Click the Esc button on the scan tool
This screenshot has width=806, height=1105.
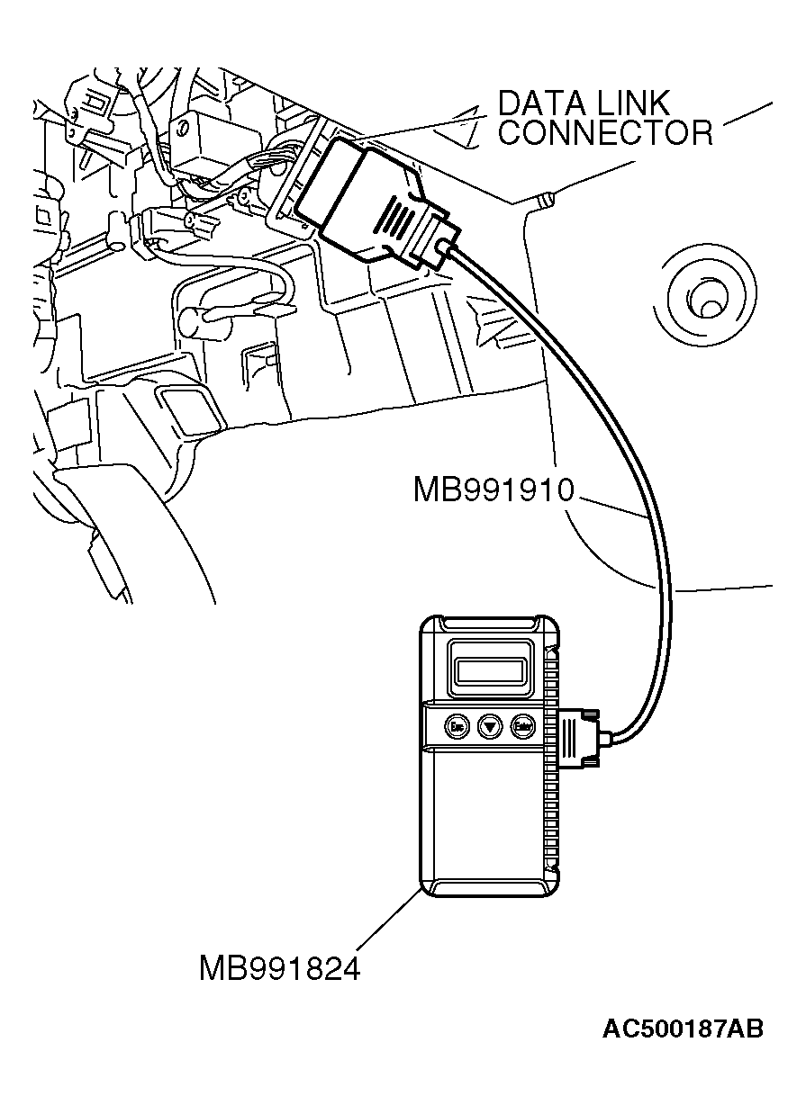456,725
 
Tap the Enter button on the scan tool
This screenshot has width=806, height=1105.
521,725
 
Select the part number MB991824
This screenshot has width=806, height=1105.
279,969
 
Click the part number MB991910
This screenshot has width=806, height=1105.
494,490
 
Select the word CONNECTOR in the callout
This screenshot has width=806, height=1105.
605,133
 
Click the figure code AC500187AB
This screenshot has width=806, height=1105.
683,1029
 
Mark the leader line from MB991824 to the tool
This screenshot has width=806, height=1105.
389,918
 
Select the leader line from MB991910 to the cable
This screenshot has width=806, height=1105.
612,506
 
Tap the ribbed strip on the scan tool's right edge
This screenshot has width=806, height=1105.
550,810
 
